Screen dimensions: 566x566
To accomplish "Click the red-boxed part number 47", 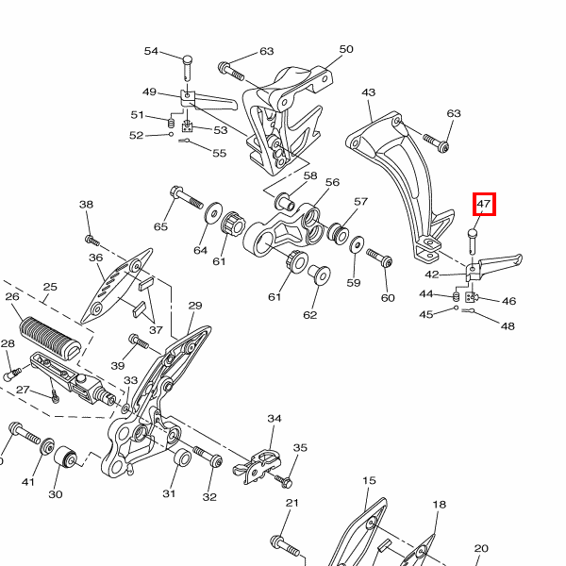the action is pyautogui.click(x=484, y=204).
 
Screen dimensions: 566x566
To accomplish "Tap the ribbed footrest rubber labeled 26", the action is pyautogui.click(x=50, y=337).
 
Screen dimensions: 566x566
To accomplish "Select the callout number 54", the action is pyautogui.click(x=151, y=51).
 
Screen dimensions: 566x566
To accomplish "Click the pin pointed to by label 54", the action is pyautogui.click(x=188, y=68).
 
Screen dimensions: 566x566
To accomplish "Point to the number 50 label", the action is pyautogui.click(x=346, y=49).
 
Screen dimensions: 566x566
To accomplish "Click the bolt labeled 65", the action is pyautogui.click(x=186, y=197).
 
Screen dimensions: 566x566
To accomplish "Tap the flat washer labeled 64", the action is pyautogui.click(x=214, y=213).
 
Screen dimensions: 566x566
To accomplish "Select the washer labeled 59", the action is pyautogui.click(x=357, y=245).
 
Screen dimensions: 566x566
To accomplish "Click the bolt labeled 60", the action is pyautogui.click(x=379, y=258).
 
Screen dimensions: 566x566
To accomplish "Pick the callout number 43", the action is pyautogui.click(x=369, y=92).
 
